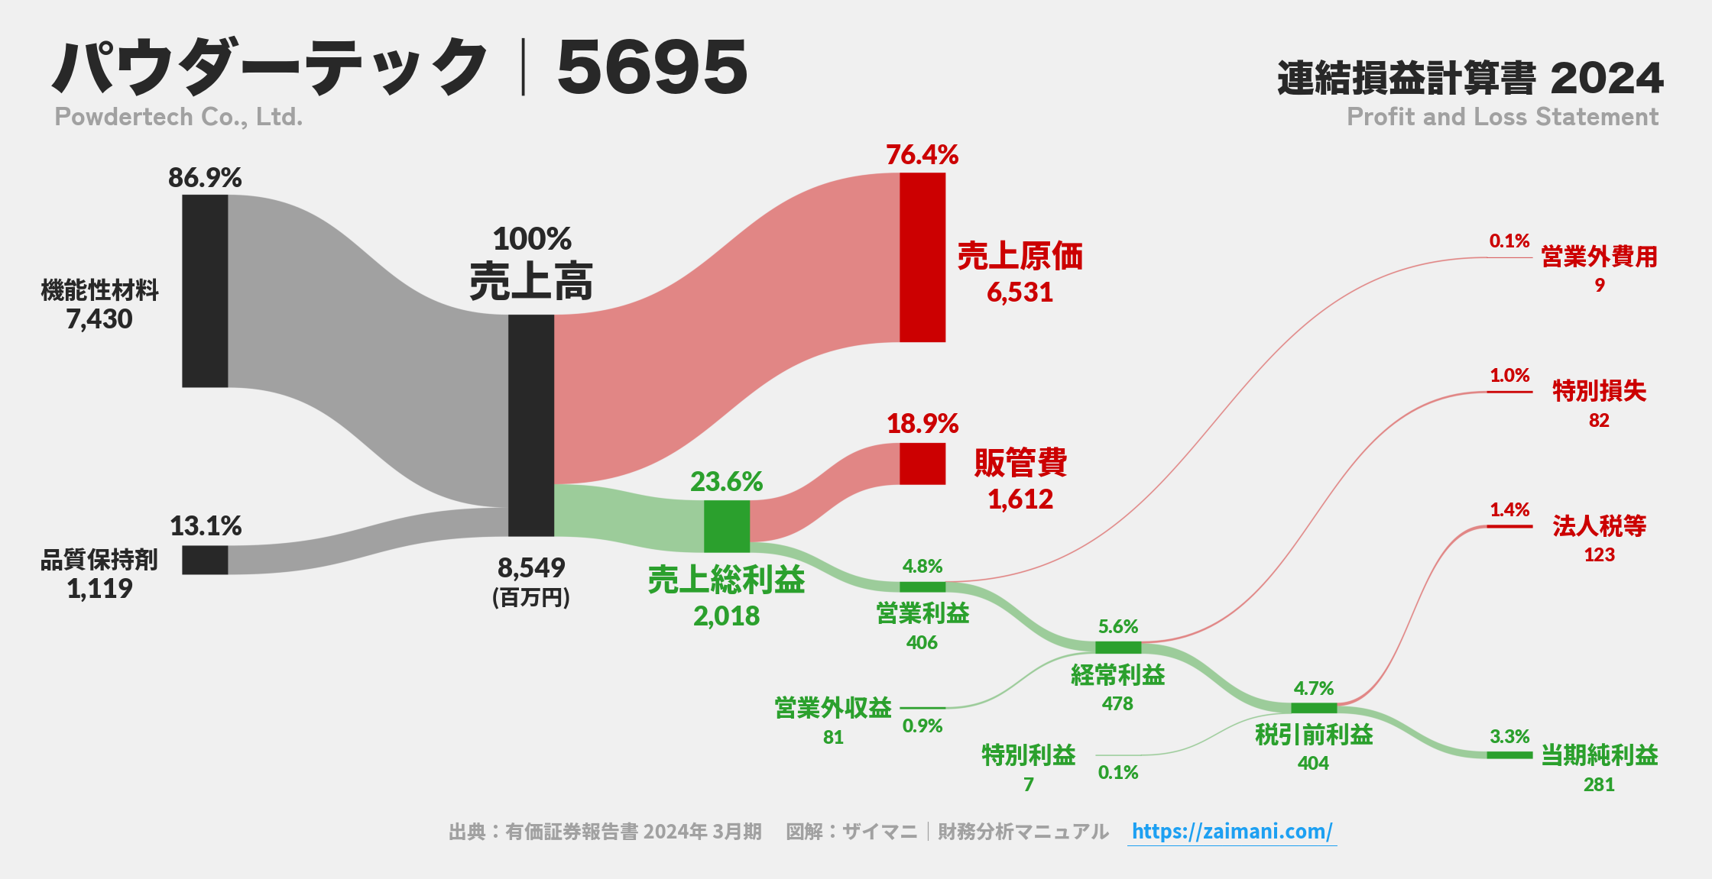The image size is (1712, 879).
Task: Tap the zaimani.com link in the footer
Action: tap(1231, 831)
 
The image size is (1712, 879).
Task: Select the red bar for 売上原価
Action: tap(922, 257)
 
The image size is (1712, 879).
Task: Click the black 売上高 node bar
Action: tap(530, 425)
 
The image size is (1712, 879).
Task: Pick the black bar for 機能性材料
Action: tap(205, 291)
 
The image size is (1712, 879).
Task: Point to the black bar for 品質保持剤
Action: tap(205, 560)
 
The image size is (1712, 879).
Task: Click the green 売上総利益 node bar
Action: tap(726, 526)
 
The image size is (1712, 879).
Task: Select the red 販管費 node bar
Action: tap(922, 464)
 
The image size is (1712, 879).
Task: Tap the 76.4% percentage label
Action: tap(922, 155)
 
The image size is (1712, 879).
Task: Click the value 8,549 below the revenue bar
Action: tap(531, 567)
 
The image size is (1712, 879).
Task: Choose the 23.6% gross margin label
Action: tap(726, 482)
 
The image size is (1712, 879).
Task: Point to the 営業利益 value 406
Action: tap(922, 642)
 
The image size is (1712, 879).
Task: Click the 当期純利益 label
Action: tap(1599, 755)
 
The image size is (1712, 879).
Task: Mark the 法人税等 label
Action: tap(1599, 525)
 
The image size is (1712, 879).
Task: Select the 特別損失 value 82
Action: tap(1599, 421)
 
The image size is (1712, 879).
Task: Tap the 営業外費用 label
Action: tap(1599, 257)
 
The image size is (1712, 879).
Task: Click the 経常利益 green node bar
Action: tap(1117, 648)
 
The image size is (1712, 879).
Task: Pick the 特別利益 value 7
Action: tap(1029, 784)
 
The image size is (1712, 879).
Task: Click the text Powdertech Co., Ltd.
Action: tap(179, 117)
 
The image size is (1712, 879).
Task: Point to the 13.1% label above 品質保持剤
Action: tap(205, 526)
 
